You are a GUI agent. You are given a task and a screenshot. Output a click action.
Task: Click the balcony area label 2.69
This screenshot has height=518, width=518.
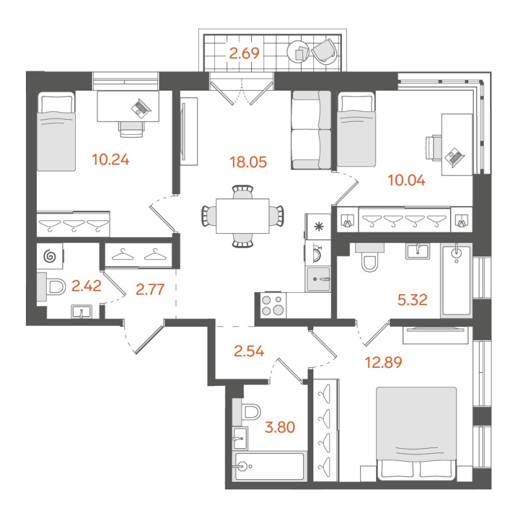(244, 54)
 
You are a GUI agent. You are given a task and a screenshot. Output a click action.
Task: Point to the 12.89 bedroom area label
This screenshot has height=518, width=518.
(384, 362)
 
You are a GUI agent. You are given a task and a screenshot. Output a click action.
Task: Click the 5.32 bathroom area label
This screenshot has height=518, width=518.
(414, 298)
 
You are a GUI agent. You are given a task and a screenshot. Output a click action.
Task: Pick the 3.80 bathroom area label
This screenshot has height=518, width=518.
(278, 428)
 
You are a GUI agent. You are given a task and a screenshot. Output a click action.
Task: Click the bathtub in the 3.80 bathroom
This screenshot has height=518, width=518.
(269, 466)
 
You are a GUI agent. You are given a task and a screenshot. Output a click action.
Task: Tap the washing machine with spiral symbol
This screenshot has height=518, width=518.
(50, 257)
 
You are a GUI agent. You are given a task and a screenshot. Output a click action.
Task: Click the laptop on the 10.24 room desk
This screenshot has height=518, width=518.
(140, 106)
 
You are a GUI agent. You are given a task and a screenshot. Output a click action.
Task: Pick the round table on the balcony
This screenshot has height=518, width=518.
(300, 52)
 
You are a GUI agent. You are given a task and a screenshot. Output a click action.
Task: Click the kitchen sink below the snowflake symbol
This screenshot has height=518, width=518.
(319, 279)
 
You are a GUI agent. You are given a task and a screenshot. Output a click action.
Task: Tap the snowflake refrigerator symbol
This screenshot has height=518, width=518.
(318, 227)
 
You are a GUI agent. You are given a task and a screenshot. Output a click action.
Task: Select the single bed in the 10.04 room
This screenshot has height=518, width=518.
(355, 130)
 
